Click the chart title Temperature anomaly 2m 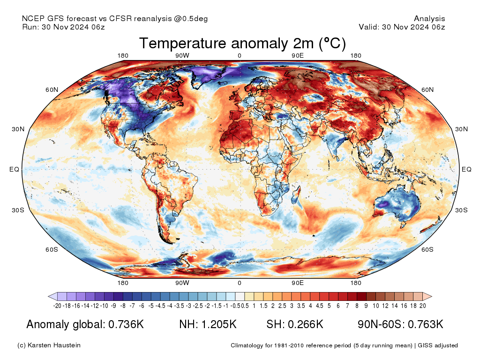coord(242,44)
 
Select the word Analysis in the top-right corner coord(429,19)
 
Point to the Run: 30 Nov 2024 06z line coord(63,27)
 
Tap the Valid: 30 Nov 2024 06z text coord(402,27)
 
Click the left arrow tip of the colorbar coord(50,296)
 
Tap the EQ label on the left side coord(15,169)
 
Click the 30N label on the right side coord(461,129)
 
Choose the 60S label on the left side coord(52,249)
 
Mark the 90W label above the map coord(182,56)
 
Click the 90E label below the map coord(298,283)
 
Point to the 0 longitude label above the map coord(240,56)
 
